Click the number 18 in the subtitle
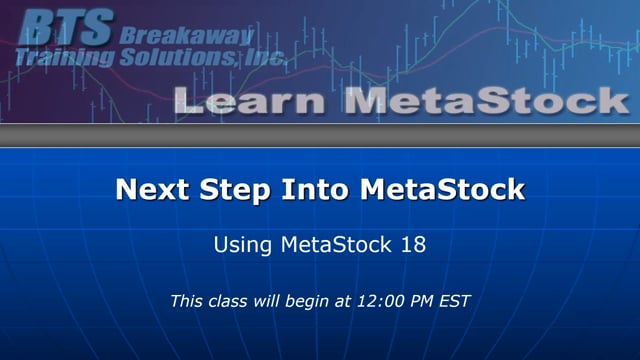(413, 243)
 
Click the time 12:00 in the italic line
(371, 300)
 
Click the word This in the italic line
(187, 300)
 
